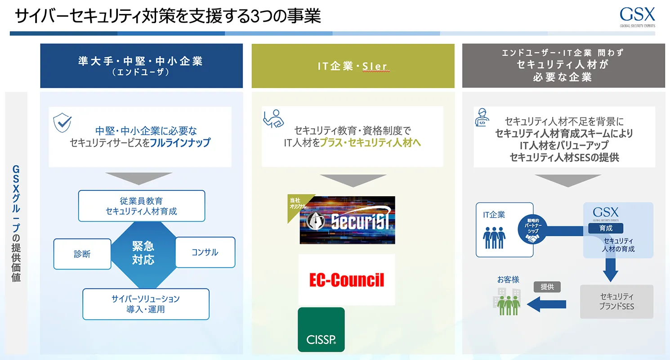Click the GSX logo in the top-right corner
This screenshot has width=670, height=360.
point(637,17)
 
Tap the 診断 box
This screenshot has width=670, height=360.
point(82,254)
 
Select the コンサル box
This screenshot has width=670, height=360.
point(205,252)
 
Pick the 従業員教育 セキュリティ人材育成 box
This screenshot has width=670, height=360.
point(142,206)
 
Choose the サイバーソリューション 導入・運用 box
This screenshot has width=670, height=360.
point(146,304)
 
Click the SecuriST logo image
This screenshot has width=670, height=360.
point(347,220)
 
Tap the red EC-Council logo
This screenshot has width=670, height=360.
point(346,280)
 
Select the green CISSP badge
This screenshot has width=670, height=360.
point(321,329)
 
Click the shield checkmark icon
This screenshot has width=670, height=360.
point(62,122)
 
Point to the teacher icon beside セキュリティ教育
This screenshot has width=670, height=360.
point(273,118)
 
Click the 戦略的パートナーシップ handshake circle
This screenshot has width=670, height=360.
point(533,230)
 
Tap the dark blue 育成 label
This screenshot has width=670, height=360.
point(606,228)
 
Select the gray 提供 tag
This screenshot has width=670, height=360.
point(547,287)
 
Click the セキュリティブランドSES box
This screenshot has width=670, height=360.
point(616,301)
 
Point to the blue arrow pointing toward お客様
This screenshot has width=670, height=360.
point(546,304)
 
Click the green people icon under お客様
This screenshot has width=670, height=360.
point(509,305)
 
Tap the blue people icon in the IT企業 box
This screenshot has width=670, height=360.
point(494,238)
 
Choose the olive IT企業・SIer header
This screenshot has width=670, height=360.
point(353,66)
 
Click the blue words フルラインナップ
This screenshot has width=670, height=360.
point(180,143)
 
